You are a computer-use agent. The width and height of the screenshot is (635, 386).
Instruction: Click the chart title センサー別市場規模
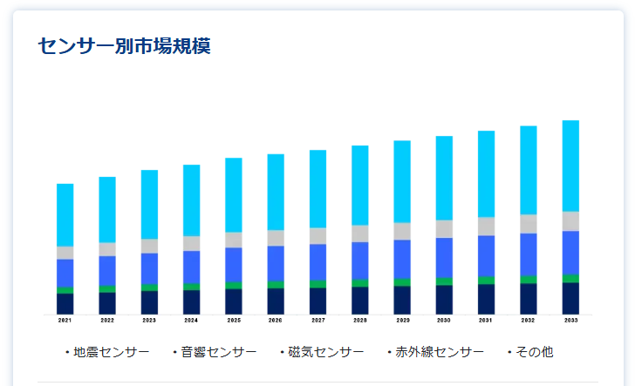(125, 46)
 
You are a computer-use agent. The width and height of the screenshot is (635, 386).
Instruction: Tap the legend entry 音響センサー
(218, 352)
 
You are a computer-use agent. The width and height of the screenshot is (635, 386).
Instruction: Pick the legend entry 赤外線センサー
(439, 352)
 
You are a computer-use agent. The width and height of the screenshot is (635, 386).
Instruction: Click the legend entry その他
(534, 352)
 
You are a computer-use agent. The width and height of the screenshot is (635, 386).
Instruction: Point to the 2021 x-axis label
(65, 321)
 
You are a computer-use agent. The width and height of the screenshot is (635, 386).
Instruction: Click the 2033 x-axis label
(570, 321)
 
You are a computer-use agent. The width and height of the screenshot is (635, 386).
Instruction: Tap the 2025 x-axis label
(234, 321)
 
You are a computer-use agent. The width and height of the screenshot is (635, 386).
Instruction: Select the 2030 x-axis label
(444, 321)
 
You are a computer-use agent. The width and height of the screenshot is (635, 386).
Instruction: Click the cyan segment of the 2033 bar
(570, 166)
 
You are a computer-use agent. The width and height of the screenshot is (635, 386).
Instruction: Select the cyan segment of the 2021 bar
(65, 214)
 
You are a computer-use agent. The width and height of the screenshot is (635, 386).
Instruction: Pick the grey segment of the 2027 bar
(317, 236)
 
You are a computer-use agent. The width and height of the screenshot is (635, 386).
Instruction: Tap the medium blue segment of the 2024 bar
(191, 267)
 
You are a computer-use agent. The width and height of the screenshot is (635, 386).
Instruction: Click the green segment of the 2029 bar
(402, 282)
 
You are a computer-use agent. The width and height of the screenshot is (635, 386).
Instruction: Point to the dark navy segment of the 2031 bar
(486, 299)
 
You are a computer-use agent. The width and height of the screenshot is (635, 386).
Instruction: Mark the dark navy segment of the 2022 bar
(106, 303)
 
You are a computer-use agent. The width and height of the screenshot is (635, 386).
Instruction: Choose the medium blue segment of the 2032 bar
(529, 254)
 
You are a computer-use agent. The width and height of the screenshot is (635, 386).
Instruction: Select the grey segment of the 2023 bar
(149, 246)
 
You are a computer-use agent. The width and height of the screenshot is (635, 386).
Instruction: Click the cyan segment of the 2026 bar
(276, 192)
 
